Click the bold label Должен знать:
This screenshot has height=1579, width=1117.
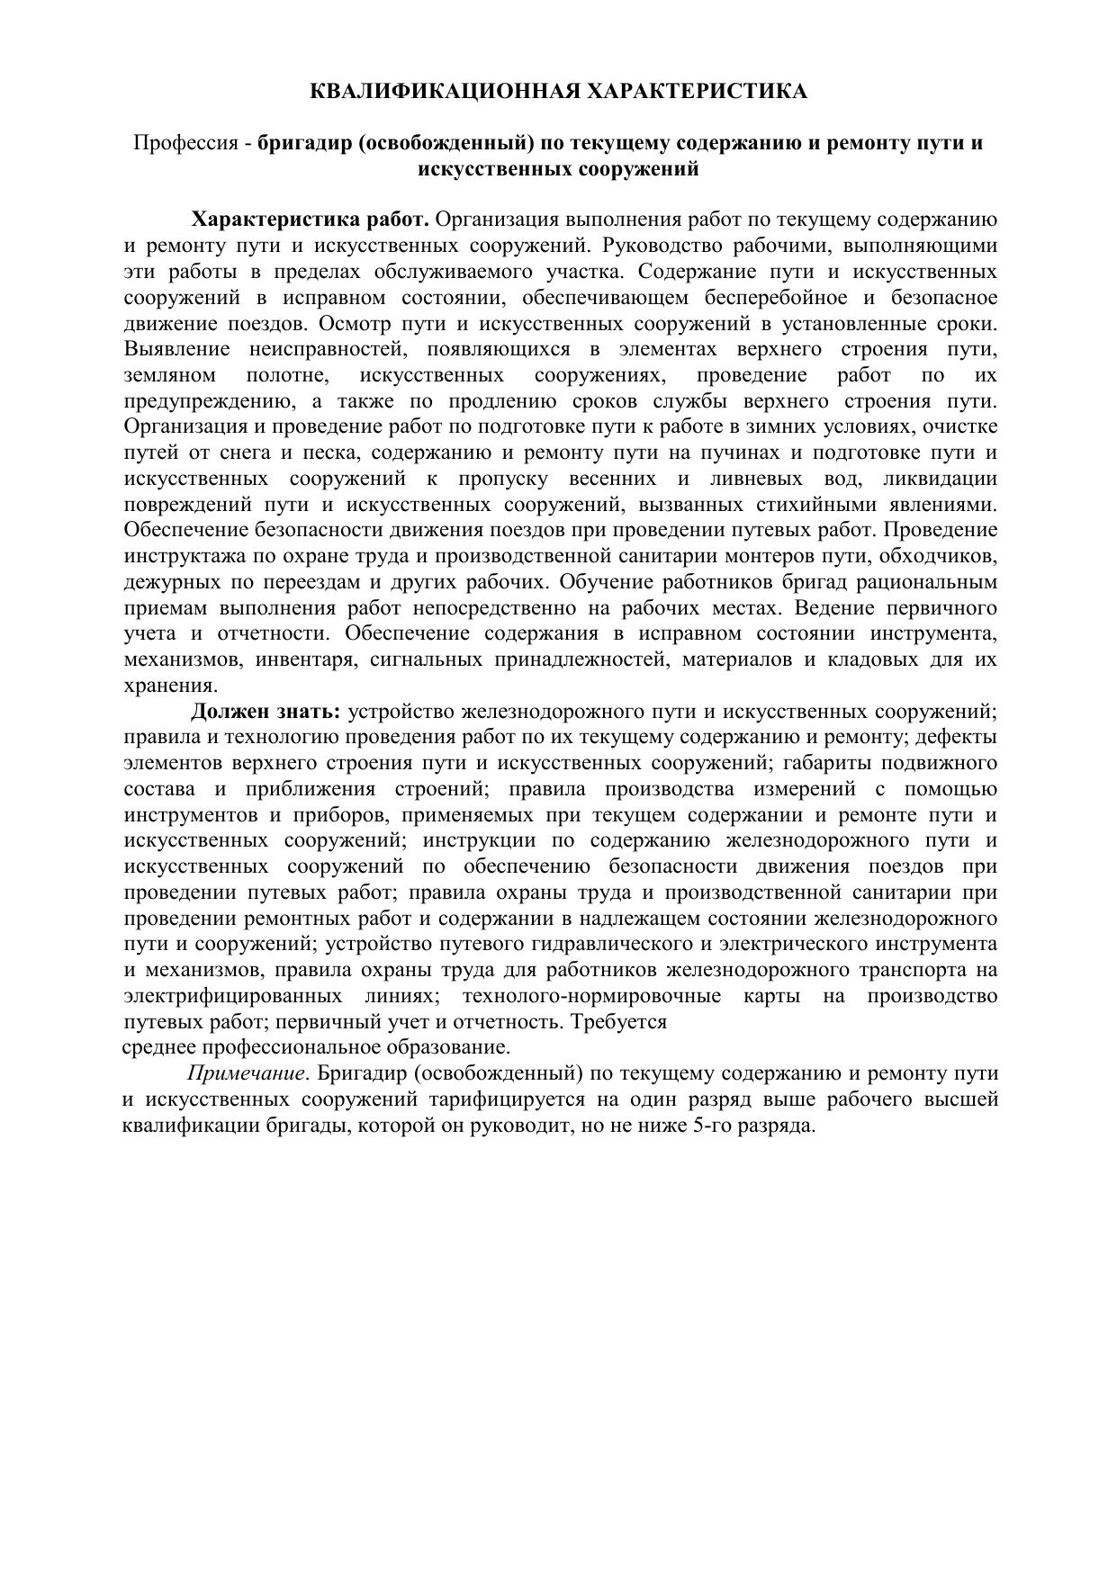[x=266, y=713]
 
